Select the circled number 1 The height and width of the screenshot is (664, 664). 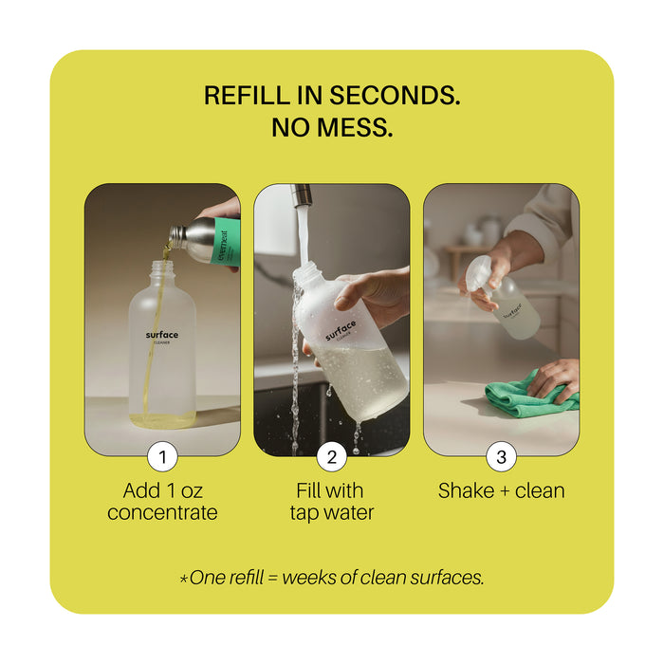click(162, 457)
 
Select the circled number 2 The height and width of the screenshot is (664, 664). click(331, 457)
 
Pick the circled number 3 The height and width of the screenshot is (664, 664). click(501, 457)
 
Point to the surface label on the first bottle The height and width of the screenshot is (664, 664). click(162, 337)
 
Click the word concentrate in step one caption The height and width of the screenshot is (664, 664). click(162, 513)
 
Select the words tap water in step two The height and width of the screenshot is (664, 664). click(332, 513)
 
